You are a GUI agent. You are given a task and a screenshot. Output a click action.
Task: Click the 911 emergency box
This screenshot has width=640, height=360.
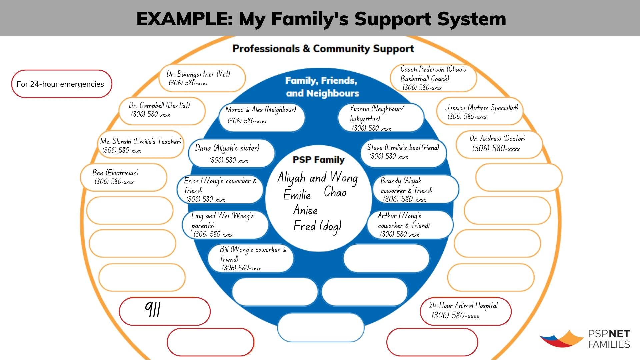(165, 311)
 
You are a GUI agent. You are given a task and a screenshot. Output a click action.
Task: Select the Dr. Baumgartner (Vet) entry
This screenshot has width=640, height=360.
(202, 78)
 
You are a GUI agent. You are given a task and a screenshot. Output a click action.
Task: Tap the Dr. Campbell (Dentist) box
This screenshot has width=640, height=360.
(162, 110)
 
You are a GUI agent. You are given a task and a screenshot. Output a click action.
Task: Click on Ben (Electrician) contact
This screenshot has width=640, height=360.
(123, 177)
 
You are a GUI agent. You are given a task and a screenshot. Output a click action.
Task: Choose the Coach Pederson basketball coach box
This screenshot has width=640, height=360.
(433, 78)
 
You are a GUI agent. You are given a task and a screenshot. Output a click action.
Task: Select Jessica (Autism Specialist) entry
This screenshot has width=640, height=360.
(480, 112)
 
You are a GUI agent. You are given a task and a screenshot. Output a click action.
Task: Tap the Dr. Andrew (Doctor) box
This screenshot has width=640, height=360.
(499, 144)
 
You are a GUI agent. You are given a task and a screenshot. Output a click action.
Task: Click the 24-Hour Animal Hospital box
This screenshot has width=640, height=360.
(465, 311)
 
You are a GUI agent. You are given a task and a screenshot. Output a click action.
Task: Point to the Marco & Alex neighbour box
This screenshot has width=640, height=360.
(261, 115)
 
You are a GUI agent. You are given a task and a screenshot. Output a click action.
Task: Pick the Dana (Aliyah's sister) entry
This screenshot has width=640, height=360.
(231, 153)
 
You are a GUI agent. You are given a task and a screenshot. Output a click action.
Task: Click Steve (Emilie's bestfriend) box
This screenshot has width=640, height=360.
(403, 152)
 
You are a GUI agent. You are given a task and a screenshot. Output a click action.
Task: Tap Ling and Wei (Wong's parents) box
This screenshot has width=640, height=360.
(225, 225)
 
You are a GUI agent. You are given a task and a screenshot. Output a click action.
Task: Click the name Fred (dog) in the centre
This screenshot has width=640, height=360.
(317, 226)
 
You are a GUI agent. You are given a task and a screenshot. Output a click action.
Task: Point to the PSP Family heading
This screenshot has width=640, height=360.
(318, 160)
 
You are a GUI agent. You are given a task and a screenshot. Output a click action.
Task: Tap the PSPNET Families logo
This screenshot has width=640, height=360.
(585, 339)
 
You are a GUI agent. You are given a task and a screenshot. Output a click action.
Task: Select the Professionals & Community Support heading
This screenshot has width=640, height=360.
(323, 49)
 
